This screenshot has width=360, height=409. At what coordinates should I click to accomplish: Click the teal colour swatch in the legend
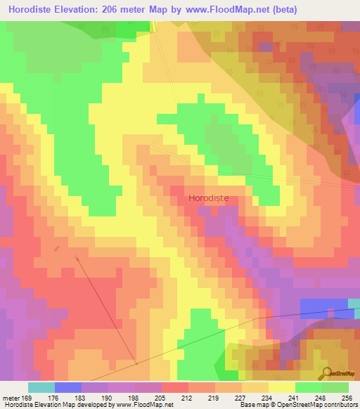(x=41, y=387)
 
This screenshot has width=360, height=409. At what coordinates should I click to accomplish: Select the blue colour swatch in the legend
(x=68, y=387)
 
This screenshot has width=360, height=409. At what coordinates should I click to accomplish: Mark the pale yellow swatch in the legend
(x=282, y=387)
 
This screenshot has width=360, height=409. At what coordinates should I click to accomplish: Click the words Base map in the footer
(x=254, y=405)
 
